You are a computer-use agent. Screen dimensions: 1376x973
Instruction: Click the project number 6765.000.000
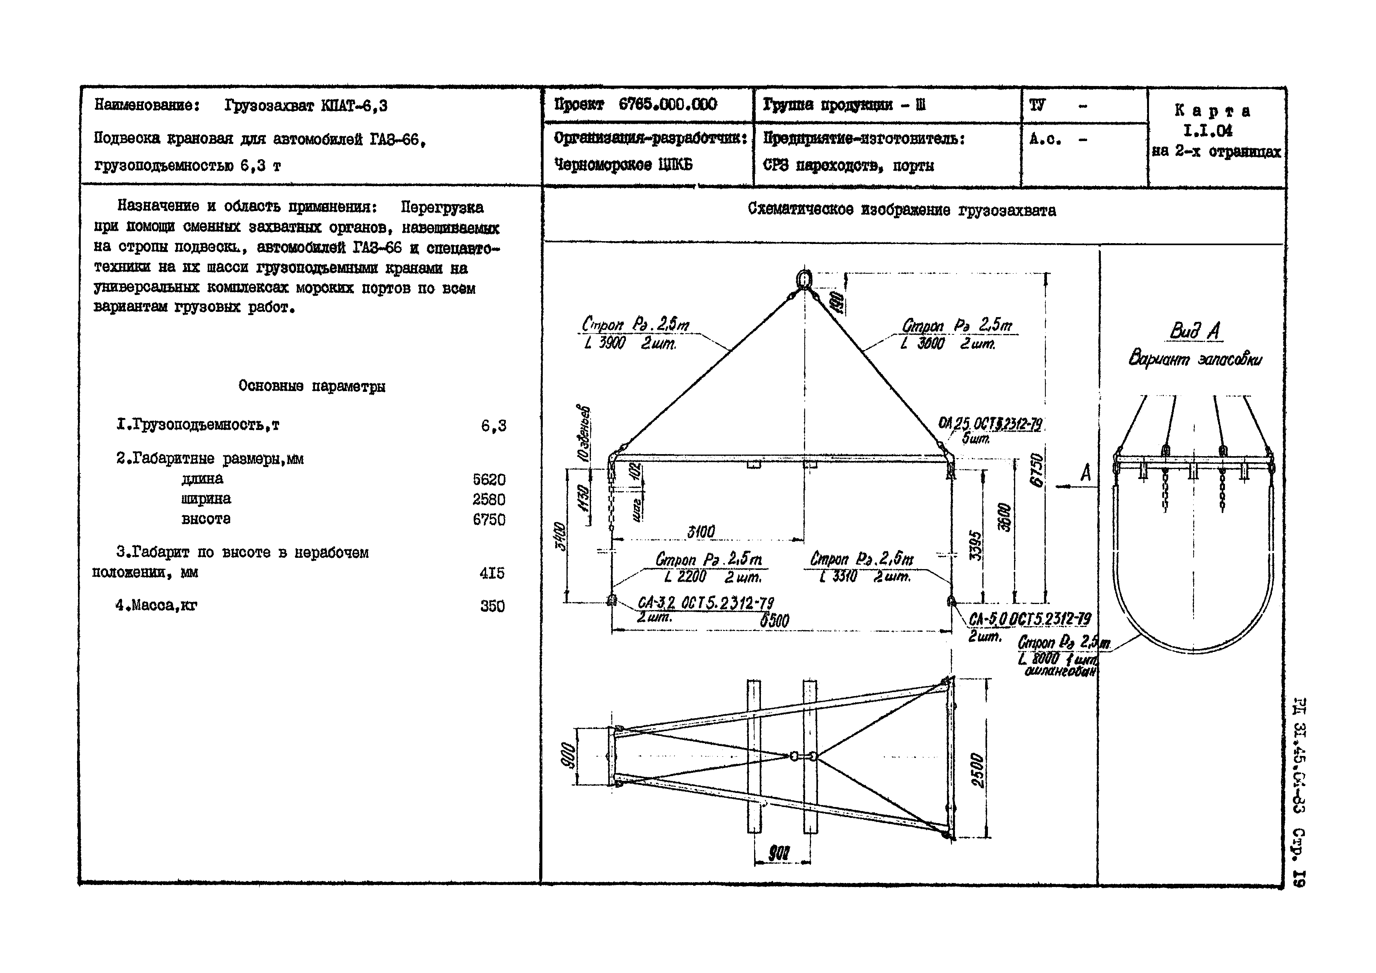tap(668, 105)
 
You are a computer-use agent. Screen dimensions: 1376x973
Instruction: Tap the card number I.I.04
tap(1208, 130)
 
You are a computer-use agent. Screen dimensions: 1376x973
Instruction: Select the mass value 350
tap(492, 606)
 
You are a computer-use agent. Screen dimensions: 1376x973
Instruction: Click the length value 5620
tap(489, 479)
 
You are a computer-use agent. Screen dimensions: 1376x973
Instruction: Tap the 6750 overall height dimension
tap(1037, 471)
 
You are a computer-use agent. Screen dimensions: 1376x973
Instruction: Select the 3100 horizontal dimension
tap(701, 532)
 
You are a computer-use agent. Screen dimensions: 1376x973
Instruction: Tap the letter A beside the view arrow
tap(1086, 473)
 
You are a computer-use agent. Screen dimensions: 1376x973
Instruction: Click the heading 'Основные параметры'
tap(312, 387)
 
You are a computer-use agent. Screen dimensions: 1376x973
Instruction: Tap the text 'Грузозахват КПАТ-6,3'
tap(306, 106)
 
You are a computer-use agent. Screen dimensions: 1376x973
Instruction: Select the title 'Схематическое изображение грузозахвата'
tap(902, 211)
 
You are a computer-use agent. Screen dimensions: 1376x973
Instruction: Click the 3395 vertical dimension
tap(976, 545)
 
